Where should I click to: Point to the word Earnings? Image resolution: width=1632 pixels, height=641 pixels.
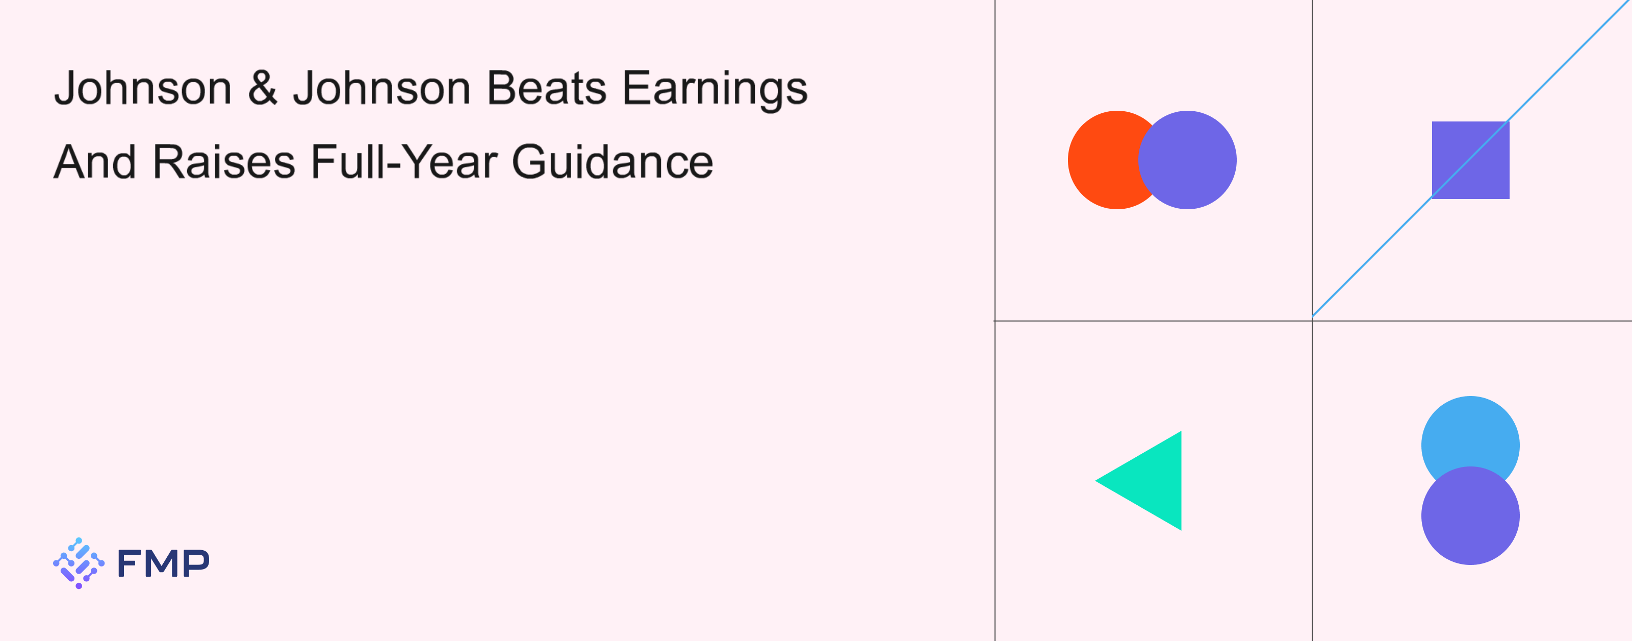[x=715, y=89]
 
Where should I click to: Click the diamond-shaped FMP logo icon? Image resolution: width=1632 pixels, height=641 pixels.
[x=79, y=563]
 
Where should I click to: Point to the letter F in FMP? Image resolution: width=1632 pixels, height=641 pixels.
[x=129, y=563]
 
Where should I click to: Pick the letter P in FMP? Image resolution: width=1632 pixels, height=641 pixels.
[x=196, y=563]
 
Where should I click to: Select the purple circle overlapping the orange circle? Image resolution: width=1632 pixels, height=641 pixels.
[x=1187, y=160]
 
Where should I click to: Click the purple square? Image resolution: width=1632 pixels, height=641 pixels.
[x=1470, y=160]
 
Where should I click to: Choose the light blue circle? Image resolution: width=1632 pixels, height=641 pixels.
[x=1470, y=431]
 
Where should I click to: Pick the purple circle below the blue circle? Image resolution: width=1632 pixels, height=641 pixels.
[x=1470, y=515]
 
